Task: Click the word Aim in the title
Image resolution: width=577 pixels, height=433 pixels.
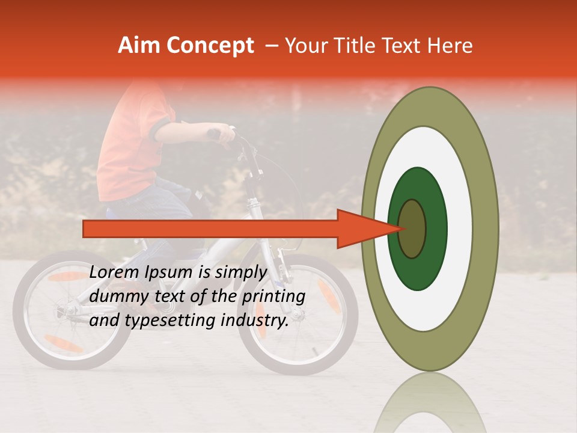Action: click(139, 46)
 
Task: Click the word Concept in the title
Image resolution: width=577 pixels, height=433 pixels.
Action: click(210, 46)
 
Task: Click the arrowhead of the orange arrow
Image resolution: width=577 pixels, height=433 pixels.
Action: click(367, 229)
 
